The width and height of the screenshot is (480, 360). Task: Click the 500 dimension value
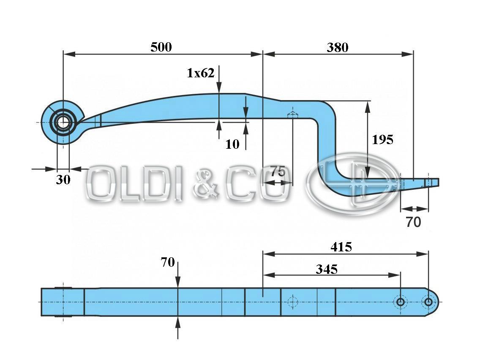click(161, 47)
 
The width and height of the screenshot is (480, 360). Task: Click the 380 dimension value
click(337, 47)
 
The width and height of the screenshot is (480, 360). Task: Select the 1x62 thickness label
click(200, 73)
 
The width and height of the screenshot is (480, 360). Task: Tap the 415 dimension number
click(341, 247)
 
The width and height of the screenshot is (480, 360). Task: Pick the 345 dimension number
click(327, 269)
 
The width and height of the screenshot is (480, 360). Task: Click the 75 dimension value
click(278, 172)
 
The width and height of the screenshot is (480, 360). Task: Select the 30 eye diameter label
click(63, 179)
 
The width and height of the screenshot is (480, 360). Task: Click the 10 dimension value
click(232, 144)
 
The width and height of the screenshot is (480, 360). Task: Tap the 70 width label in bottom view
click(168, 262)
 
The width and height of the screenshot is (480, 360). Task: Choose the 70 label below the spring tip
click(413, 222)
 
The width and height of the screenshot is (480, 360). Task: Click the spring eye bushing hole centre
click(63, 123)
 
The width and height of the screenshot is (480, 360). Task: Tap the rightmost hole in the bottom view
click(428, 302)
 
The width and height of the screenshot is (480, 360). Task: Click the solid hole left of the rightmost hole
click(400, 302)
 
